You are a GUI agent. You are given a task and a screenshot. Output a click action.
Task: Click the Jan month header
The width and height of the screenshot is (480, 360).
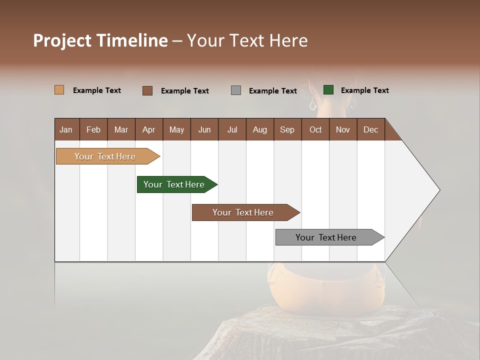66,129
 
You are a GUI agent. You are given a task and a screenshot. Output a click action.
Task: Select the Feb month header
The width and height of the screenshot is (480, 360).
93,129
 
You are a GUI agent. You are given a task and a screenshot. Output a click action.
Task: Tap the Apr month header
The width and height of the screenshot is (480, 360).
148,129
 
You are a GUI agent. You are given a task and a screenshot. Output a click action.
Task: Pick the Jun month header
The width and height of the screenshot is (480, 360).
204,129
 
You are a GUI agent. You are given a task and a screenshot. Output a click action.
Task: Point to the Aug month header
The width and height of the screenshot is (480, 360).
259,129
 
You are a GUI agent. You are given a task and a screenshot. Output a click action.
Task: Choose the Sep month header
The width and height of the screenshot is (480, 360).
287,129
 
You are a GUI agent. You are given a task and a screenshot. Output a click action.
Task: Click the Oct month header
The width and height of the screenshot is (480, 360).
315,129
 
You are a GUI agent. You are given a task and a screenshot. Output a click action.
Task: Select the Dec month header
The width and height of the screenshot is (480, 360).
370,129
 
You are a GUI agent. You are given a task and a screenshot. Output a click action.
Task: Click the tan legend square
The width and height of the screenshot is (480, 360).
59,90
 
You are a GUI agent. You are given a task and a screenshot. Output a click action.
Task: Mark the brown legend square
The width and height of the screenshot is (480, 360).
147,90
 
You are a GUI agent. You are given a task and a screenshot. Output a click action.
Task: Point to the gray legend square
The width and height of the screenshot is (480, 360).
236,90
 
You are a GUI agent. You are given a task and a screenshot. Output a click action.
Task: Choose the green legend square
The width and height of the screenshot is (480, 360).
328,90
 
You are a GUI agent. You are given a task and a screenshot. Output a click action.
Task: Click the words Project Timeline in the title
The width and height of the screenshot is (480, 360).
100,40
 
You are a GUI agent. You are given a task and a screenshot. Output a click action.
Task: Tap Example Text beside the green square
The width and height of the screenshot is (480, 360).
364,90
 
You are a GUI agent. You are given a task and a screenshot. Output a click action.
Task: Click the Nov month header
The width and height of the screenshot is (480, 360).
342,129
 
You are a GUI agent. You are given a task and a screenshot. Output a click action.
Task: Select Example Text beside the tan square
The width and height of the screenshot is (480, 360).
96,90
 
